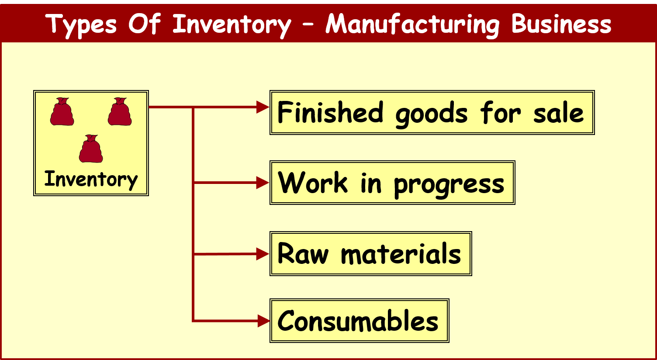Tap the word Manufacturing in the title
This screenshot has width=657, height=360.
(412, 25)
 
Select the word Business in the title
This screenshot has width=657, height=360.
(561, 24)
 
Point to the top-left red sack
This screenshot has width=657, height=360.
(62, 112)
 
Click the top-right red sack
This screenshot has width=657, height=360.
(120, 112)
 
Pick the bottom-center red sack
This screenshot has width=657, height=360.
(91, 149)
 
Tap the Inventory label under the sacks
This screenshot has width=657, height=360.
(91, 180)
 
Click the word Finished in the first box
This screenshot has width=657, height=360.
(330, 112)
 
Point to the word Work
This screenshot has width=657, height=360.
(313, 183)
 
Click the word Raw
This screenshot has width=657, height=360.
(303, 253)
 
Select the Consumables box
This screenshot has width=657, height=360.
(359, 321)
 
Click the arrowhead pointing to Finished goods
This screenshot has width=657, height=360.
(263, 107)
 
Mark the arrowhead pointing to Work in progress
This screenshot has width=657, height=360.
(263, 183)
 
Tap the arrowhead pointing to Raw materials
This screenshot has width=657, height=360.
(263, 254)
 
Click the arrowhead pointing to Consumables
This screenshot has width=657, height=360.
(264, 321)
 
